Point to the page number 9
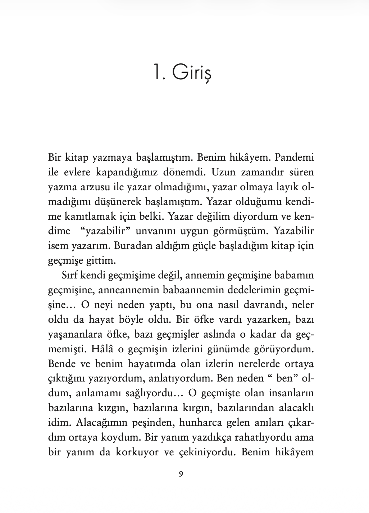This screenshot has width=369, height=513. [x=181, y=474]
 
